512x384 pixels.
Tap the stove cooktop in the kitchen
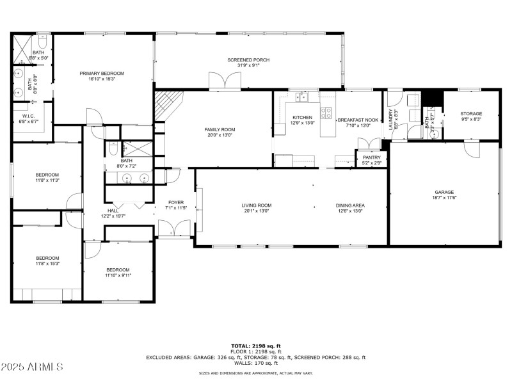pyautogui.click(x=327, y=113)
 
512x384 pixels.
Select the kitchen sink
pyautogui.click(x=301, y=97)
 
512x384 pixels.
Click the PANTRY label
pyautogui.click(x=372, y=157)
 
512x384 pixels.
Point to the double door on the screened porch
pyautogui.click(x=225, y=81)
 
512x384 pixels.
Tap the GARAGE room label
pyautogui.click(x=444, y=192)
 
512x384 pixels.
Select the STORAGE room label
pyautogui.click(x=471, y=114)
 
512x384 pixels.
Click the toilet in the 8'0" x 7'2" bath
pyautogui.click(x=112, y=152)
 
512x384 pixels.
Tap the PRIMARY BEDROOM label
pyautogui.click(x=102, y=74)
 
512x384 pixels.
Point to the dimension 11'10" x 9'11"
pyautogui.click(x=118, y=276)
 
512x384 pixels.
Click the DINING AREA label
pyautogui.click(x=350, y=205)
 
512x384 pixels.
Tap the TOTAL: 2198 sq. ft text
pyautogui.click(x=255, y=346)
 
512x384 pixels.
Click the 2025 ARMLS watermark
pyautogui.click(x=32, y=367)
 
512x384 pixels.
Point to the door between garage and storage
pyautogui.click(x=471, y=149)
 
